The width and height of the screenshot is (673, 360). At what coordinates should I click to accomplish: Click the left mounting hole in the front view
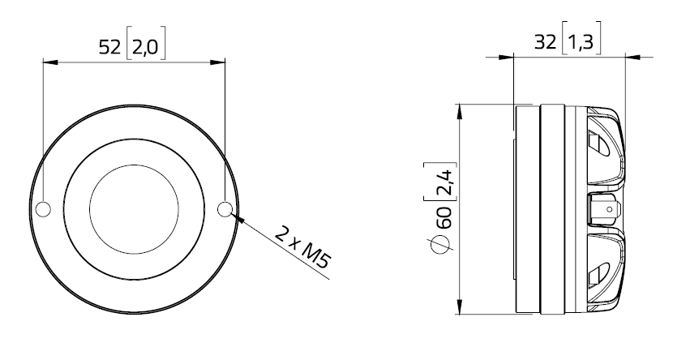click(x=43, y=210)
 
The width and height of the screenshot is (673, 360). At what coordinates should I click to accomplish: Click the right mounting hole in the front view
click(x=226, y=210)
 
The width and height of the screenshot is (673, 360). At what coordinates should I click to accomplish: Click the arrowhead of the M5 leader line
click(x=237, y=215)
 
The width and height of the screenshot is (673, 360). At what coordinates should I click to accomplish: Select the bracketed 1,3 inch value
click(x=580, y=42)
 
